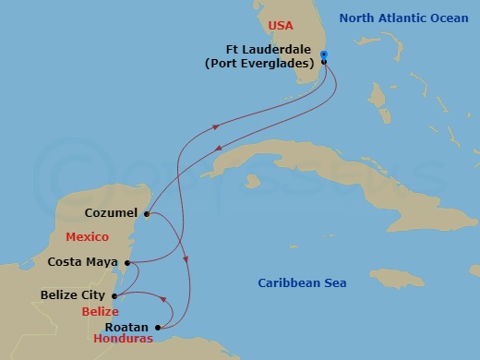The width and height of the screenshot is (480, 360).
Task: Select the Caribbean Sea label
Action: (302, 282)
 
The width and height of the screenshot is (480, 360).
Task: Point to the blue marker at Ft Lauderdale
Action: (324, 54)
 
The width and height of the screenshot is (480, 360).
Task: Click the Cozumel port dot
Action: (147, 212)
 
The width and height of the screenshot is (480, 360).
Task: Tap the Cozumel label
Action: (111, 212)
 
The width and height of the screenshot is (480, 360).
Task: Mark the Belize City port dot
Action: (114, 296)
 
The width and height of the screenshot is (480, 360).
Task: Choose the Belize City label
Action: (75, 296)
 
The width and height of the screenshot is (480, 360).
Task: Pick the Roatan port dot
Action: (159, 327)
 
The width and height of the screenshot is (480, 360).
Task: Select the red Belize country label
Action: (100, 312)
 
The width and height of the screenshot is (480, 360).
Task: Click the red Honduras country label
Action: (123, 340)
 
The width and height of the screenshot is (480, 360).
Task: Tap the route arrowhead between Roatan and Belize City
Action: (165, 299)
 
